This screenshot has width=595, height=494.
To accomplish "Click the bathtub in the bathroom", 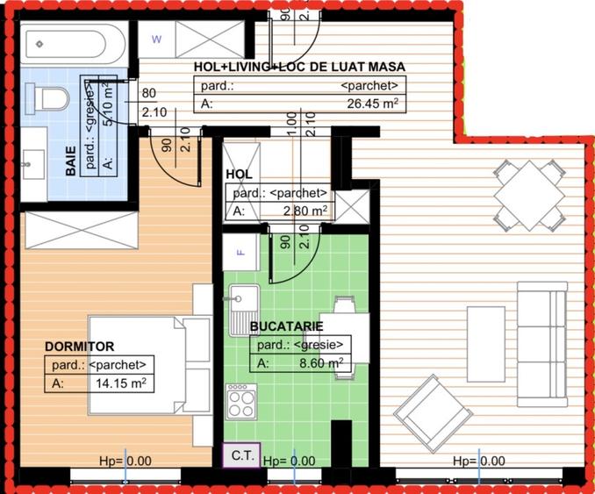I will point(74,42).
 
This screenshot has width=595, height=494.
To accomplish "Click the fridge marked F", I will point(241,254).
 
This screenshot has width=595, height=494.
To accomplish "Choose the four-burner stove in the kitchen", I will point(240,403).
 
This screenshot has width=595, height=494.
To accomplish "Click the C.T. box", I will point(242,455).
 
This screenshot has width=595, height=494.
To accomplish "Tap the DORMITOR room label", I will point(79,347).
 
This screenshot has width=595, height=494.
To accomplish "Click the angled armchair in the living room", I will point(430,410).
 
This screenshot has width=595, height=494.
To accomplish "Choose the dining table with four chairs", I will point(527,195).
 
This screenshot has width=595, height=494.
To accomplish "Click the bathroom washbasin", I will point(32,161).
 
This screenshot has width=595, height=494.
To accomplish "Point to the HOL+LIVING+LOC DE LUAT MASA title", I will point(286,67).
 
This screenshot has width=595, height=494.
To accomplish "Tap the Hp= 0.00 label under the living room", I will point(478,461).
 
